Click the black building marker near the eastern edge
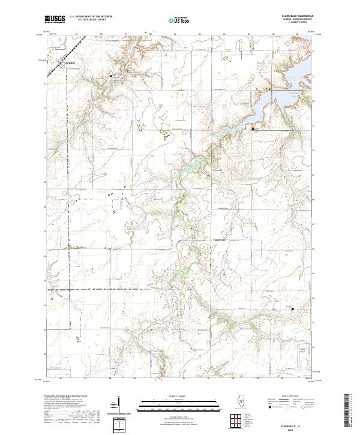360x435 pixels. coord(293,310)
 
